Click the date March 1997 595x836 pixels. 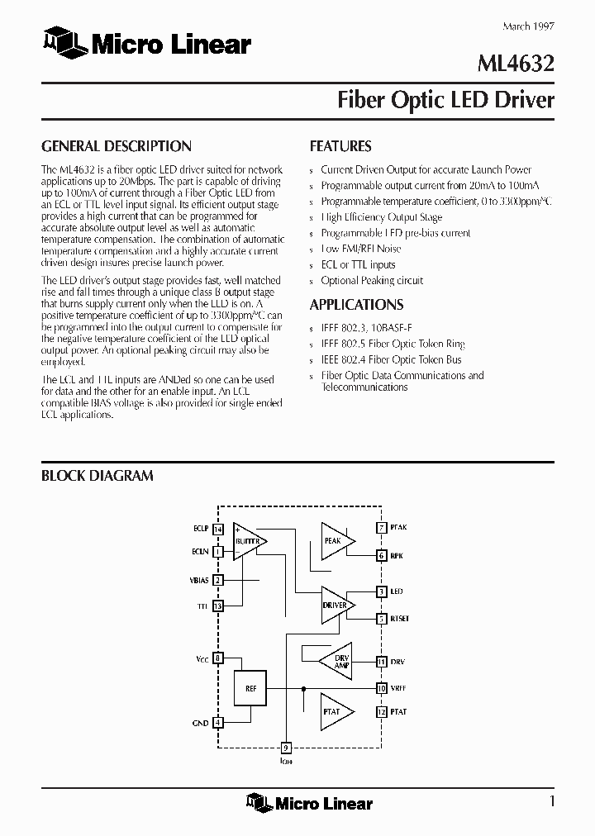pos(528,26)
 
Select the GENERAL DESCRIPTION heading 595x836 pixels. pos(117,146)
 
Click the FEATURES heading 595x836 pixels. pos(340,146)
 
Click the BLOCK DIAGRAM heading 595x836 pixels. pos(98,476)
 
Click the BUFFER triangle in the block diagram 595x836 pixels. pos(248,541)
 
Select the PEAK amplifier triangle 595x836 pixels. pos(335,540)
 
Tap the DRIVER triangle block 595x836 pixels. pos(336,605)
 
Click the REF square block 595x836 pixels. pos(250,687)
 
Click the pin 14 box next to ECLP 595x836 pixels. pos(218,529)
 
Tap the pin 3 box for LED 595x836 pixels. pos(381,591)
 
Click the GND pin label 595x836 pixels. pos(200,723)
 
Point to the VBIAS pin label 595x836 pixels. pos(199,580)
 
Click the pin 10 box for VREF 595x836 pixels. pos(381,687)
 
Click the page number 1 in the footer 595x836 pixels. pos(551,801)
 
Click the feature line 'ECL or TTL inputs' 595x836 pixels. pos(358,264)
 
